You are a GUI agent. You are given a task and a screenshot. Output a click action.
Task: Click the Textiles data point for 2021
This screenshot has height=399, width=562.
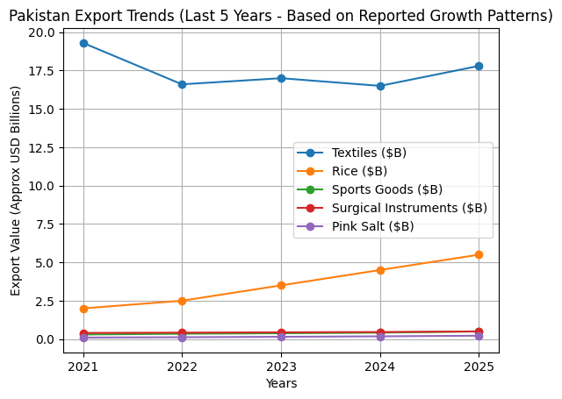click(x=83, y=43)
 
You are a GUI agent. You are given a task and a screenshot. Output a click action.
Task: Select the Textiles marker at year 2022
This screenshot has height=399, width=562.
click(x=182, y=84)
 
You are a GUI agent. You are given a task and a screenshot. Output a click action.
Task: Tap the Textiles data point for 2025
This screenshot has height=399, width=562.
click(x=479, y=66)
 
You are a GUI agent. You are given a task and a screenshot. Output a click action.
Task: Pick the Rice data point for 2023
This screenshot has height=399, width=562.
click(x=281, y=285)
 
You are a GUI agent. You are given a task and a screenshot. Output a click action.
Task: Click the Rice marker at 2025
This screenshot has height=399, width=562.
click(x=479, y=254)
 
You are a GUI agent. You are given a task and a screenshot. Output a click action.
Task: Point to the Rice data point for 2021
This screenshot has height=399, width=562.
click(x=83, y=309)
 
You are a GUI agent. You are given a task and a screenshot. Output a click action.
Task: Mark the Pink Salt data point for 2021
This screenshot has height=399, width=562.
click(x=83, y=338)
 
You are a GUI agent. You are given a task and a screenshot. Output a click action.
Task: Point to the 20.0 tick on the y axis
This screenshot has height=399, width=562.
click(x=42, y=32)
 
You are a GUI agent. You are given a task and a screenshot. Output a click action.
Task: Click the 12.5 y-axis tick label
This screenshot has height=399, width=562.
click(x=42, y=147)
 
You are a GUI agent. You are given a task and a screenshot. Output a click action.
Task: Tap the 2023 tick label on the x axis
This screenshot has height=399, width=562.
click(x=281, y=366)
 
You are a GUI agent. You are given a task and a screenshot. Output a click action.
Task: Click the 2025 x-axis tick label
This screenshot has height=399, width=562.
click(x=479, y=366)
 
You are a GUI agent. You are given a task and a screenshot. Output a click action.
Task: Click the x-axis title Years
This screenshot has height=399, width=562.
click(x=281, y=383)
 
